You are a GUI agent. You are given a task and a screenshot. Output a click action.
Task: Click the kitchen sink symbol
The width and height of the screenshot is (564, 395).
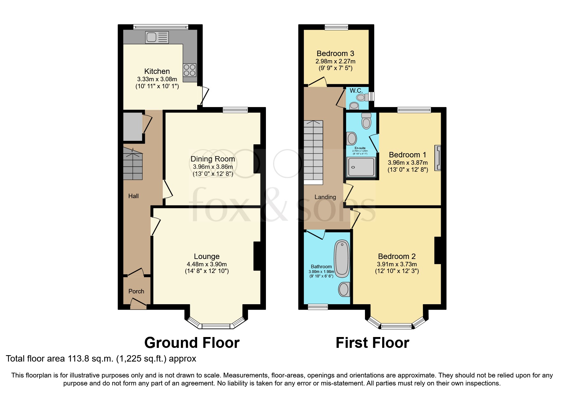(x=157, y=37)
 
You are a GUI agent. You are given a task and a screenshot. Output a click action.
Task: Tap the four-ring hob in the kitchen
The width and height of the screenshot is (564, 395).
(x=189, y=70)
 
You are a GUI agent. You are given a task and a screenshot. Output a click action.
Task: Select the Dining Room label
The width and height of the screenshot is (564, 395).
(x=212, y=159)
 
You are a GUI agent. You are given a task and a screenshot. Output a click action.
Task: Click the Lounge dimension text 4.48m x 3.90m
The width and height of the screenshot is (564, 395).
(x=207, y=264)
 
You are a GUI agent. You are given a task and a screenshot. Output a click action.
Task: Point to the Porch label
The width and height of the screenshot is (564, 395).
(x=136, y=291)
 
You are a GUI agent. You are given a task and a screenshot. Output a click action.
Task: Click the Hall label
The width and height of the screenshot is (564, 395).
(x=133, y=196)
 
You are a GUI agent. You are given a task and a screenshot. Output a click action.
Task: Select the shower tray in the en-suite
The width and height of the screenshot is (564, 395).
(x=361, y=167)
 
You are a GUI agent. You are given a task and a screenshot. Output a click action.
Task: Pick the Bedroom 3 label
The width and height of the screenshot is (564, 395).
(x=335, y=54)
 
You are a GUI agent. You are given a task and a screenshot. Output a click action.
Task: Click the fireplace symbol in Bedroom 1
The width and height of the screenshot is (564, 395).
(x=438, y=158)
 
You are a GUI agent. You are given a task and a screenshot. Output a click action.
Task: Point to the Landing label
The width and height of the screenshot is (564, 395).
(x=325, y=197)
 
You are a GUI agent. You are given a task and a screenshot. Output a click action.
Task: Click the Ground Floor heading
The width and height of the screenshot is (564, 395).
(x=192, y=343)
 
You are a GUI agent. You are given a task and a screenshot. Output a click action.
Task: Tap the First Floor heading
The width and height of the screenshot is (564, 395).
(x=372, y=343)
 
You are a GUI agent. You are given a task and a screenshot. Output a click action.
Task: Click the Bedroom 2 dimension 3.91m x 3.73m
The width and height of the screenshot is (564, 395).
(x=396, y=264)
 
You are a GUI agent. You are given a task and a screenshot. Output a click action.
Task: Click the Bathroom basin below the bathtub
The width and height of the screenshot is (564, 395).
(x=344, y=289)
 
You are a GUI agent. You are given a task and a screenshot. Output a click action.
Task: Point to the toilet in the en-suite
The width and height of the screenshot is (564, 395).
(x=366, y=121)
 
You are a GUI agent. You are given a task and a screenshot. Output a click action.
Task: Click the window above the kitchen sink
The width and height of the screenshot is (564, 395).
(x=161, y=27)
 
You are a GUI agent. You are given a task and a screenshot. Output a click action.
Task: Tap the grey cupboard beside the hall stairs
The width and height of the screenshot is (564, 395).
(x=132, y=126)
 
